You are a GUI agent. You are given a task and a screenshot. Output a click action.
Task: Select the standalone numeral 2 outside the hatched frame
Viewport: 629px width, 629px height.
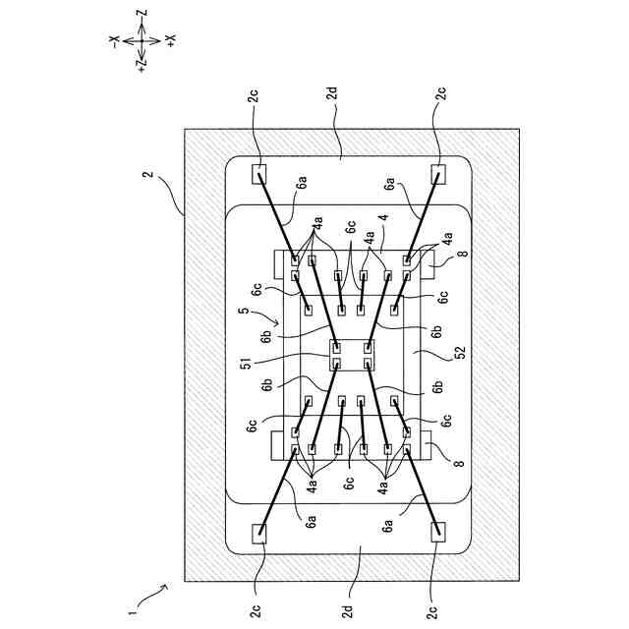tap(148, 177)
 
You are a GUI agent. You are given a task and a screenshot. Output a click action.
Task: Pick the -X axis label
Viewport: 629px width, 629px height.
tap(114, 40)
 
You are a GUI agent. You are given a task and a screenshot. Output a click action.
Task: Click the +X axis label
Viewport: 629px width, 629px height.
tap(169, 40)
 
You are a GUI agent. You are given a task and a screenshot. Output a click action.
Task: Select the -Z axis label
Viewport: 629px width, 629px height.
tap(142, 16)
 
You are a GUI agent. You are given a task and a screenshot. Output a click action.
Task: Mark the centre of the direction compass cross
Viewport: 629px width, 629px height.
tap(142, 40)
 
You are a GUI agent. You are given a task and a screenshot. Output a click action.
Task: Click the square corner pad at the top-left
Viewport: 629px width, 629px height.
tap(259, 174)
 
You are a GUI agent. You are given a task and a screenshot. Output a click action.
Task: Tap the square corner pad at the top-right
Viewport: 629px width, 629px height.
tap(438, 174)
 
